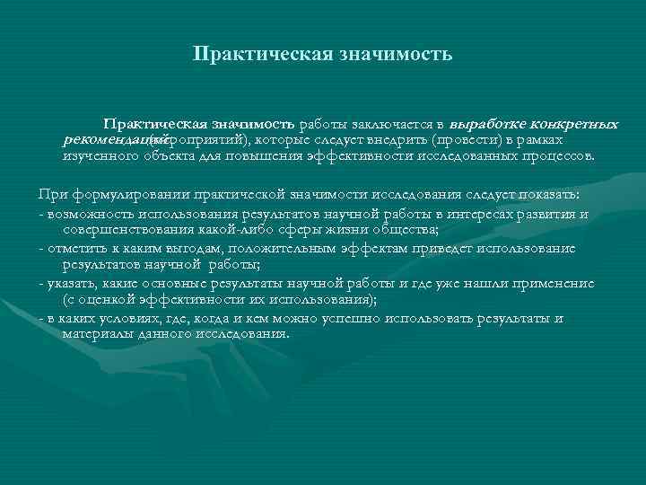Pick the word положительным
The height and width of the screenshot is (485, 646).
(283, 248)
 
